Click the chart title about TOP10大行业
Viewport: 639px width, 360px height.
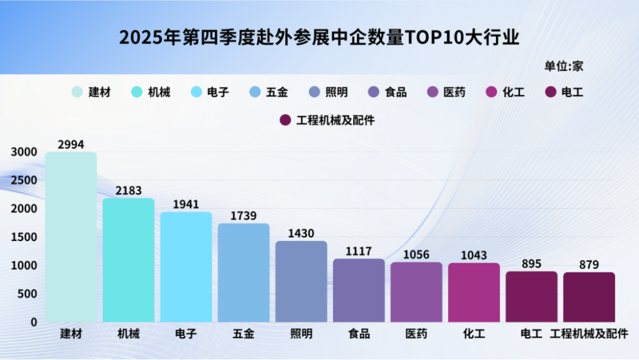coord(319,38)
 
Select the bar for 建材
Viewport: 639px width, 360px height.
coord(71,237)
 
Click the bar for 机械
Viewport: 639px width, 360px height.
coord(128,261)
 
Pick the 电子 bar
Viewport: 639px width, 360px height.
coord(186,267)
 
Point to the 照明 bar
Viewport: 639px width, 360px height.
coord(301,281)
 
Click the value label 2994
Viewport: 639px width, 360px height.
coord(71,144)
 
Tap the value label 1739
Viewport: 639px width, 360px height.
coord(243,216)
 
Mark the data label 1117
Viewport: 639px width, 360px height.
coord(359,251)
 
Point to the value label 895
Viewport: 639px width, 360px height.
coord(531,263)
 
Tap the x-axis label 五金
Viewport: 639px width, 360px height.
coord(243,334)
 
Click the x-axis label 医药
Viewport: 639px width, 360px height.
coord(416,334)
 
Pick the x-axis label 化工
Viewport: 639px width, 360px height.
coord(474,334)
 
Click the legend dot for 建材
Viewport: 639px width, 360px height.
coord(78,92)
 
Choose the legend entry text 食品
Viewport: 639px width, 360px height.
coord(395,92)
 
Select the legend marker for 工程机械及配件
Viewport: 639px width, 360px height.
coord(285,120)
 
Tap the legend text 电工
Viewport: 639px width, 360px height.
coord(572,92)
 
